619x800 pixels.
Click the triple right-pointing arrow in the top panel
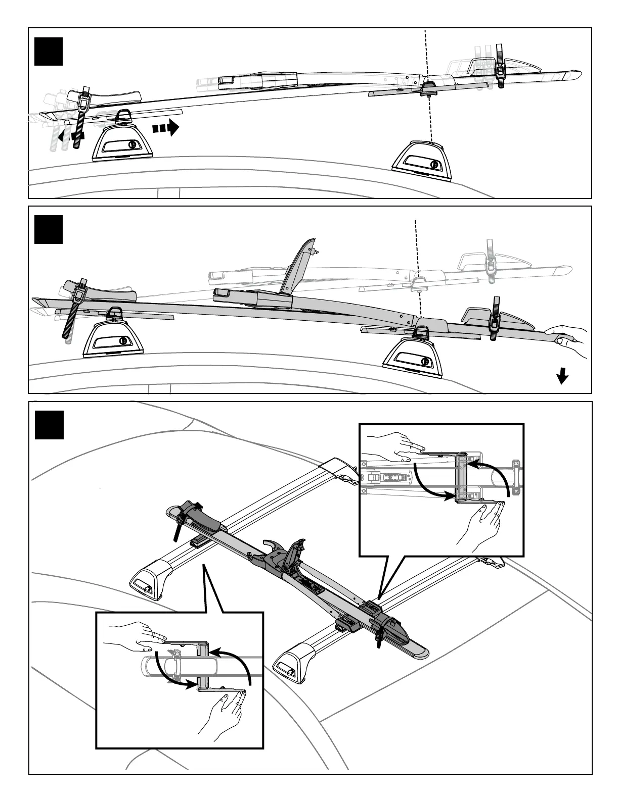(166, 128)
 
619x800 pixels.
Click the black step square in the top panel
(49, 52)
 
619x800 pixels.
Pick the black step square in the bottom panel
(49, 425)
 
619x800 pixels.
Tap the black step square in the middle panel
(49, 230)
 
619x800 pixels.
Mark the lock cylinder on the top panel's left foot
(132, 145)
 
